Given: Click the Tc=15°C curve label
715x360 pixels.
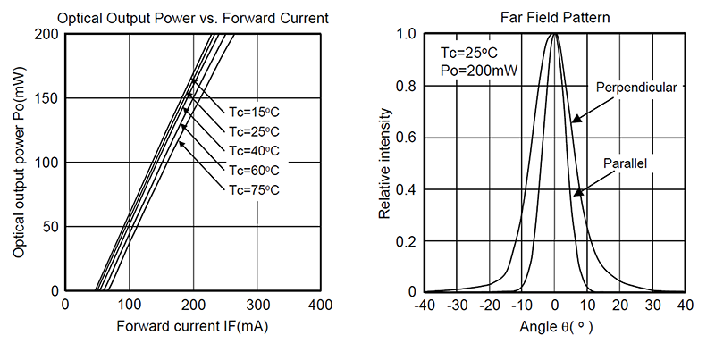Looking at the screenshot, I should pos(255,112).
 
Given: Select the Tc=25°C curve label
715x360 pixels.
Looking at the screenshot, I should pos(255,131).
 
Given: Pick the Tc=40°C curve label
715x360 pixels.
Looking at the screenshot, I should pos(255,150).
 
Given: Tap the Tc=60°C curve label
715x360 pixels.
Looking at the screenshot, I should pos(255,170).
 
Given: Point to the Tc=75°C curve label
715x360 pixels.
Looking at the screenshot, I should pos(255,188).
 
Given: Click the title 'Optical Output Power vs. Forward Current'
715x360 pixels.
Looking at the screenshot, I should pos(193,17).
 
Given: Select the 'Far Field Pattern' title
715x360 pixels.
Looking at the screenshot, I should pos(555,17).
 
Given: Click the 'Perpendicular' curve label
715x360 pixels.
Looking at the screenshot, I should pos(636,88).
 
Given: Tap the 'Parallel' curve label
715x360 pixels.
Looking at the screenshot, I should pos(625,163).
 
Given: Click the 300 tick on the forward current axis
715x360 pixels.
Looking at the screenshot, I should pos(257,305).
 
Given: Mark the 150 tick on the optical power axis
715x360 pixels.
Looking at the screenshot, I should pos(46,98).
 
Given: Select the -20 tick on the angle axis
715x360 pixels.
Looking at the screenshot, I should pos(490,305).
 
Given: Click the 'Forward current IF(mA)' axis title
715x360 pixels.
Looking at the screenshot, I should pos(193,327).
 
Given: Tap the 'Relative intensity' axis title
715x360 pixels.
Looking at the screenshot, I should pos(383,163).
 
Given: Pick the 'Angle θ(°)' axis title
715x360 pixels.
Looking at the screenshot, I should pos(555,327).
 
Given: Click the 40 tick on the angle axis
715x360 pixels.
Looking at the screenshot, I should pos(684,305).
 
